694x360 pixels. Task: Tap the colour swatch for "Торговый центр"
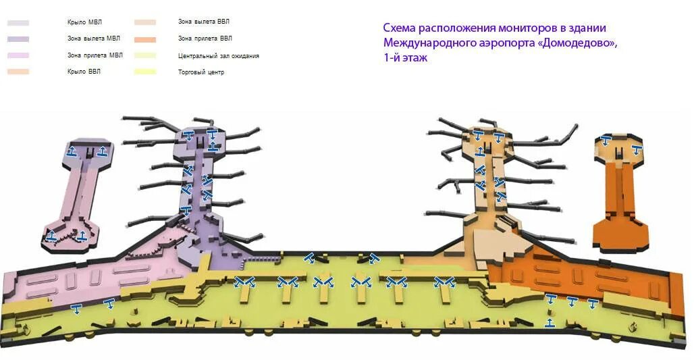pos(145,72)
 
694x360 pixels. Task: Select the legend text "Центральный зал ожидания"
pos(218,56)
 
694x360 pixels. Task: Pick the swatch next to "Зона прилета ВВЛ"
pos(145,39)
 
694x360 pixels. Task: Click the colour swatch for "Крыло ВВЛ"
pos(18,72)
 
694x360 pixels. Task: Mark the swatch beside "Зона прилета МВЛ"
pos(18,55)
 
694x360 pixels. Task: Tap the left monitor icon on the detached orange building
pos(606,141)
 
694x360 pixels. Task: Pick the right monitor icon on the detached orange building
pos(636,149)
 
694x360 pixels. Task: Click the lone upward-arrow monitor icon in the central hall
pos(550,322)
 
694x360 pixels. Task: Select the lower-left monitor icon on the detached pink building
pos(51,236)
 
